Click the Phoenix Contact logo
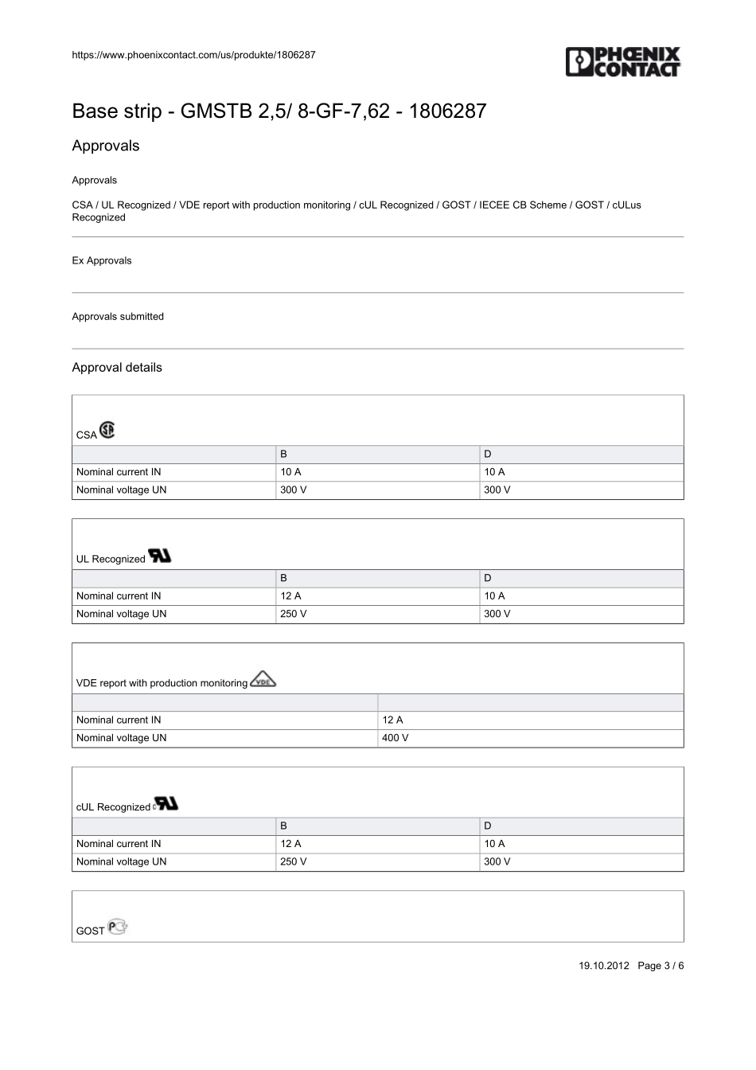[623, 62]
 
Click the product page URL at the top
[193, 55]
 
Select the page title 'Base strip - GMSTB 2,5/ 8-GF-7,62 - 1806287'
[279, 111]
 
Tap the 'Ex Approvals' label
[102, 260]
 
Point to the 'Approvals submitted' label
[118, 316]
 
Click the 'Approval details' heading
[117, 367]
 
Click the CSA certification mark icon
[107, 430]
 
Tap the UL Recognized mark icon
[160, 556]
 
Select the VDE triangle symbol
[263, 680]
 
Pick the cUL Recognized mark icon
[166, 803]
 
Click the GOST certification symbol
[118, 927]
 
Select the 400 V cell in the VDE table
[396, 738]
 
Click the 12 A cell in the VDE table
[392, 720]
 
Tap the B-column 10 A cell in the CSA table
[290, 472]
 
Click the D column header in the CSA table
[488, 454]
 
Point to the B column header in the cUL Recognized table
[283, 826]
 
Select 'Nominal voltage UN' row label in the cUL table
[122, 861]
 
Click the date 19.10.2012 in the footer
[604, 966]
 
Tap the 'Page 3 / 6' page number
[661, 966]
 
